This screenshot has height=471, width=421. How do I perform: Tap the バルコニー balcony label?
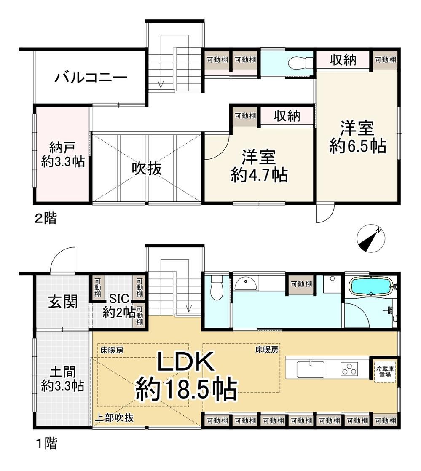tap(91, 78)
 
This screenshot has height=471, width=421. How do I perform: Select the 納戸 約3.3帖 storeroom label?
tap(63, 155)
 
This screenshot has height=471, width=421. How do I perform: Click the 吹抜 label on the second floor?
tap(147, 169)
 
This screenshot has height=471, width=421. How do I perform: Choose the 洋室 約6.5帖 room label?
tap(357, 137)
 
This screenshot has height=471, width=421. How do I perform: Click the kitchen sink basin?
tap(311, 369)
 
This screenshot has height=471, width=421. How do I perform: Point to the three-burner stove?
tap(349, 369)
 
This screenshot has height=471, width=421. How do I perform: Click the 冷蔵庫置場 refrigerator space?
tap(385, 371)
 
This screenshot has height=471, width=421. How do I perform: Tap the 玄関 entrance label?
tap(63, 302)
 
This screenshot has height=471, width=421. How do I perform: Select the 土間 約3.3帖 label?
tap(63, 379)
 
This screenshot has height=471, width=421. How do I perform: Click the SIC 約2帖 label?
tap(119, 306)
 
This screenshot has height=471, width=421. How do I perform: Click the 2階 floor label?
tap(46, 218)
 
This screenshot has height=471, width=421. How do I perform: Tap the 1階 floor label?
tap(47, 443)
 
